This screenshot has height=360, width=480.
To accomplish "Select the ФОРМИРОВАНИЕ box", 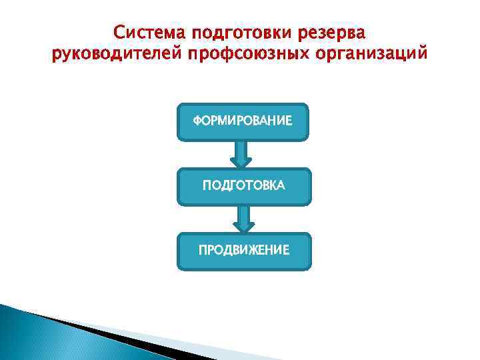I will click(x=243, y=122).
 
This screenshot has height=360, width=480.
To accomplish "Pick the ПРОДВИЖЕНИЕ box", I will click(x=243, y=251).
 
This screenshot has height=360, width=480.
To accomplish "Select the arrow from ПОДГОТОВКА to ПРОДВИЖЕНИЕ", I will click(x=243, y=219).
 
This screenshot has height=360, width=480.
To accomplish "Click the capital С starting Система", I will click(x=119, y=33).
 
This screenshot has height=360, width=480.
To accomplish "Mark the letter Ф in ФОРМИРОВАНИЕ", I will click(x=197, y=121).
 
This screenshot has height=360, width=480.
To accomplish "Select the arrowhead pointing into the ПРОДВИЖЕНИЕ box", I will click(x=243, y=227).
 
